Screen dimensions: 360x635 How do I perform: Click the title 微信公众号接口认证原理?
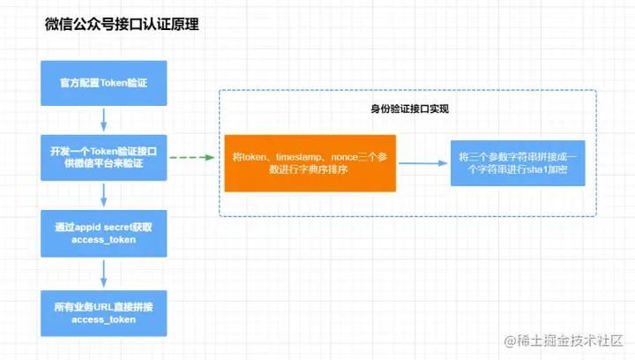[122, 25]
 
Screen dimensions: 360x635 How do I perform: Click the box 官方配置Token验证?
[104, 83]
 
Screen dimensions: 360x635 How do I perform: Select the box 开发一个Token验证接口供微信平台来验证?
[104, 158]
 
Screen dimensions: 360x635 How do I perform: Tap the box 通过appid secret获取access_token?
[104, 234]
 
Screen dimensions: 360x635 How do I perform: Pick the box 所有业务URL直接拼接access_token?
[104, 312]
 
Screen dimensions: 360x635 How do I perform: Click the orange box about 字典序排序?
[310, 162]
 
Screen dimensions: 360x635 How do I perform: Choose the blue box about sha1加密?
[517, 162]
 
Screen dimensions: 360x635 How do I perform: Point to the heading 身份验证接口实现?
[409, 109]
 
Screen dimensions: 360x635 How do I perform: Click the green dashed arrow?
[191, 158]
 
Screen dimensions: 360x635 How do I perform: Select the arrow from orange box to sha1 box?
[422, 162]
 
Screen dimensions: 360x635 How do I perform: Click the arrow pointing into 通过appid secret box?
[104, 196]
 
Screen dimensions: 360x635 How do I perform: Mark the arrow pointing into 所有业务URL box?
[104, 273]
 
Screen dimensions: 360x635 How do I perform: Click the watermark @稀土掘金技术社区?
[563, 340]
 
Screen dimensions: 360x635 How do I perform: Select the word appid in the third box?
[87, 227]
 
